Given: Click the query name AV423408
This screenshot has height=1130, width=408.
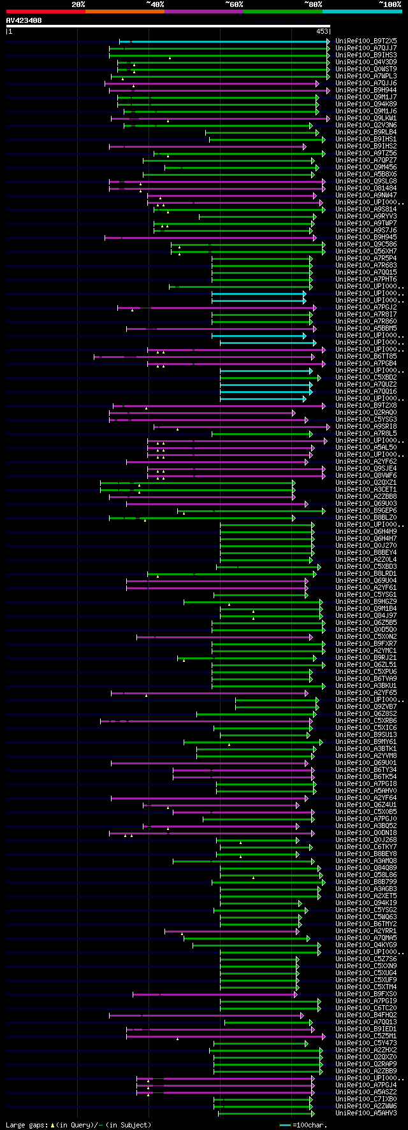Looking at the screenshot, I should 24,20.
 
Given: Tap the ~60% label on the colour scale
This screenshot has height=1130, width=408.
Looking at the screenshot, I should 234,4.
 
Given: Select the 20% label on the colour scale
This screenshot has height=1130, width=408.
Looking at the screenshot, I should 78,4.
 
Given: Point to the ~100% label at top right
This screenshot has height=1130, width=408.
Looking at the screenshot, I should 390,4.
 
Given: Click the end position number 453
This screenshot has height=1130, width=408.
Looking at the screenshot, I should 321,31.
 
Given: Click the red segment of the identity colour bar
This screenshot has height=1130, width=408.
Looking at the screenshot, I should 45,11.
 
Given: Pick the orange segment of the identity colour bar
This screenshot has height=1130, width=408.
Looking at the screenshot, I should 124,11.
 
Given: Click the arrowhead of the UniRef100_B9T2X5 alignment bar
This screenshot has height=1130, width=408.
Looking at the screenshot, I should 328,41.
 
